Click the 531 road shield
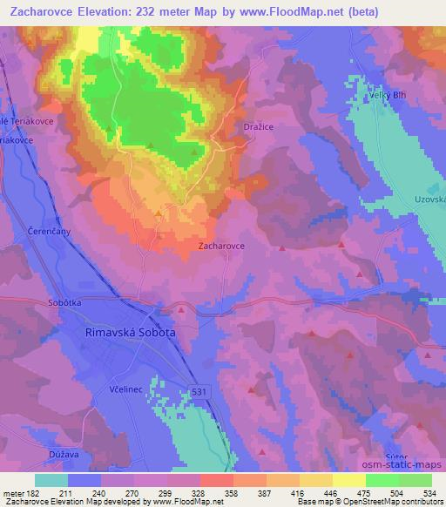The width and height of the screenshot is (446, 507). coord(200,393)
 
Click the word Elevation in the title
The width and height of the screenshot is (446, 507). coord(114,10)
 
